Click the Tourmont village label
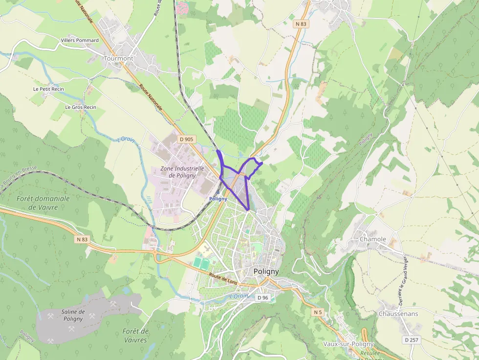point(118,58)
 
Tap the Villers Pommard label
point(80,40)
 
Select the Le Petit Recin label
point(48,89)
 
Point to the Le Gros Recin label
point(81,107)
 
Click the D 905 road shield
point(187,139)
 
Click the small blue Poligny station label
point(218,199)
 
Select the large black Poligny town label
point(266,272)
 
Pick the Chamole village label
point(373,239)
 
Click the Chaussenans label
point(398,314)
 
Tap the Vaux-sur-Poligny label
point(348,344)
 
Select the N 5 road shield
point(318,312)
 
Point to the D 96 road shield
point(262,297)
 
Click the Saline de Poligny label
point(73,315)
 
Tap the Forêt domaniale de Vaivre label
point(43,203)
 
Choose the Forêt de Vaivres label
point(136,336)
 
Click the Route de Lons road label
point(223,279)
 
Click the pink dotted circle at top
point(182,7)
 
